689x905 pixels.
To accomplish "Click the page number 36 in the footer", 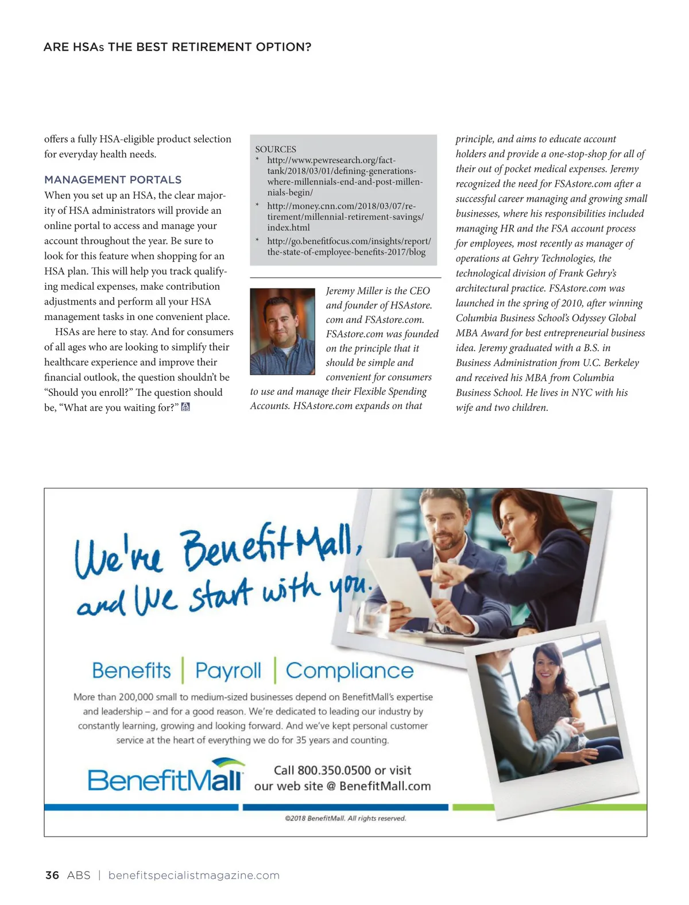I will (52, 875).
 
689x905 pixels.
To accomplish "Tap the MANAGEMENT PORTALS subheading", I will (113, 180).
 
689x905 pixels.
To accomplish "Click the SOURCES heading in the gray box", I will (276, 149).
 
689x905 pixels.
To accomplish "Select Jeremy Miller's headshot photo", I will (282, 332).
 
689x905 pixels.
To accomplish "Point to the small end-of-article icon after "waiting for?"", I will (185, 407).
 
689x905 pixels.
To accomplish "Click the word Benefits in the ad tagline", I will (131, 671).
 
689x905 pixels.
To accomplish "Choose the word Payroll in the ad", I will (228, 671).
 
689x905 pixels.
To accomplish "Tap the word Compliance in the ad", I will (349, 671).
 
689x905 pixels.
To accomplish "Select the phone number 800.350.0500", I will (334, 771).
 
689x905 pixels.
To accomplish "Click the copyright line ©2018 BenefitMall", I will (345, 818).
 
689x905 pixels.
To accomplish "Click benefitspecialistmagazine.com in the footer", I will (193, 875).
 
